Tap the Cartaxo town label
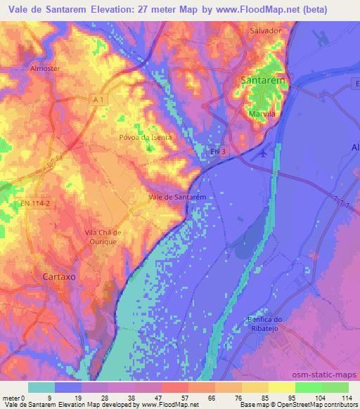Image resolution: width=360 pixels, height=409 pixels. (64, 275)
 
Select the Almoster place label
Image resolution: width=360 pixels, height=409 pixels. (47, 70)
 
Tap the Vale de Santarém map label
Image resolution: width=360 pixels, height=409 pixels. (177, 197)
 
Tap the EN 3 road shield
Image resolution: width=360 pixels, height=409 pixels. (219, 152)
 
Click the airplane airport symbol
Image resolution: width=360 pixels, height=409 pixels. (263, 152)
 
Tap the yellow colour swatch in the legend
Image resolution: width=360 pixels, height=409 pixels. (282, 387)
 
